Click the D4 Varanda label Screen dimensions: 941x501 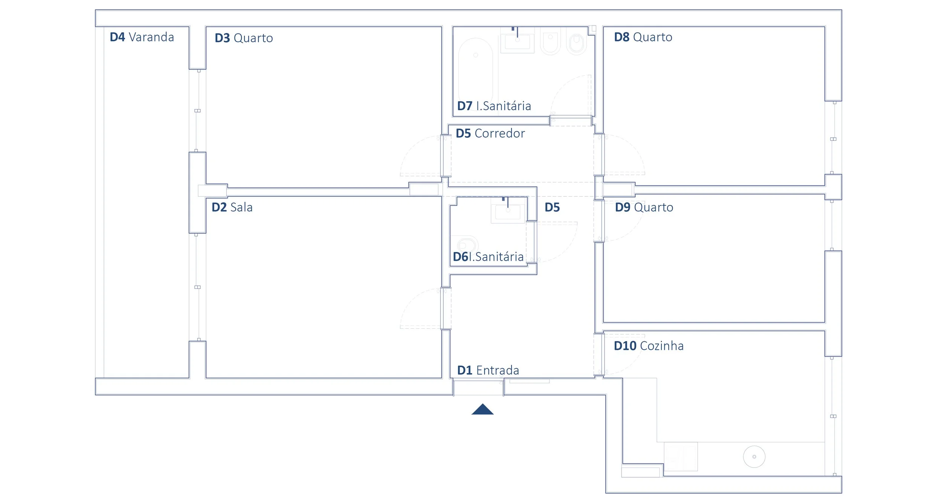142,37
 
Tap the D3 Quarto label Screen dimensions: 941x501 244,38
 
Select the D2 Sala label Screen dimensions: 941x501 232,207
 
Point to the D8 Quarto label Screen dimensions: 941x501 643,37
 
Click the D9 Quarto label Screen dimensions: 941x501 644,207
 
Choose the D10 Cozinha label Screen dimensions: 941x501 649,346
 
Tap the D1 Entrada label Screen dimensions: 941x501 488,370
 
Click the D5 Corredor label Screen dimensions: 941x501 490,133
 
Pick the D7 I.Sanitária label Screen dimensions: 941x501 494,106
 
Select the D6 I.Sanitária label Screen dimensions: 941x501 488,257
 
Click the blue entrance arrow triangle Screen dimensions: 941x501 482,410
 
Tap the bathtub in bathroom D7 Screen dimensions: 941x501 476,71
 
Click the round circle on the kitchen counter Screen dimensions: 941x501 754,457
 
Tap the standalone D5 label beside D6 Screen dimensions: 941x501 552,207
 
